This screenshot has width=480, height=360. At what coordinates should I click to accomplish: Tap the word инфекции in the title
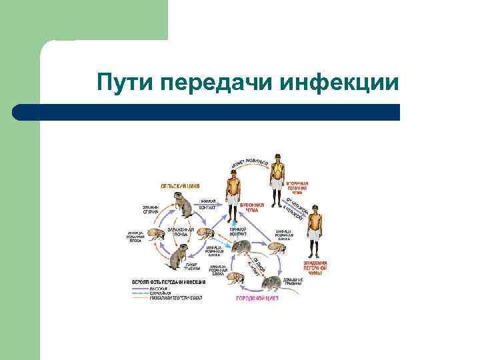(339, 83)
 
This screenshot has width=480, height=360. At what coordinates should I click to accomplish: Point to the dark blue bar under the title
(207, 112)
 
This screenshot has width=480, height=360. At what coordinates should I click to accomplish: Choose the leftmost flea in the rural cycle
(156, 235)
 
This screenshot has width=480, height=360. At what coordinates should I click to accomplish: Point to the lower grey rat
(275, 283)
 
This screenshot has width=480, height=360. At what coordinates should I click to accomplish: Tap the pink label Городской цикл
(257, 299)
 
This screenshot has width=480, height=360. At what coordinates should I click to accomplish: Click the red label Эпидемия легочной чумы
(314, 268)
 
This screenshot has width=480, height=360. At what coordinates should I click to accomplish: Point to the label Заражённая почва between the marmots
(181, 231)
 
